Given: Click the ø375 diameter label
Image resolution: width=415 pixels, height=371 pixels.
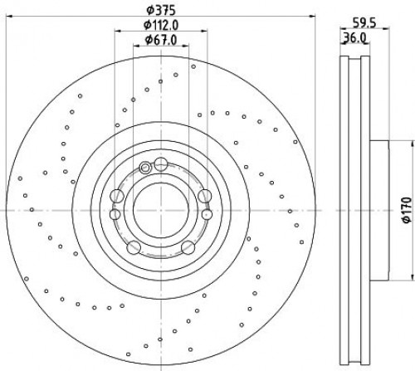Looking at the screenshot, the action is [x=161, y=11].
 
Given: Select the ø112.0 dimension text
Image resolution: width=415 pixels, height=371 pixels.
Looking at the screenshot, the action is [x=161, y=25].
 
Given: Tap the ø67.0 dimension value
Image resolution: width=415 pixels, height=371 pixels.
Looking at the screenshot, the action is [x=161, y=40].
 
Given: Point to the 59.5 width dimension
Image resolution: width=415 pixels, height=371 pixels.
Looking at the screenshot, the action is [x=364, y=23].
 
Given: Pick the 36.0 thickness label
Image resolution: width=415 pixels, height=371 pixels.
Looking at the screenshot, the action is [x=355, y=37].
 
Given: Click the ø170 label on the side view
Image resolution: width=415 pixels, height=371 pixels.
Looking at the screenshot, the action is [x=406, y=209].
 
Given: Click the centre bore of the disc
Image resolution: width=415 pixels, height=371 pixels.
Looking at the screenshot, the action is [x=161, y=210].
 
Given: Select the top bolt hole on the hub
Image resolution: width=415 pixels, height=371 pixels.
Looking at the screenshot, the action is [x=161, y=164].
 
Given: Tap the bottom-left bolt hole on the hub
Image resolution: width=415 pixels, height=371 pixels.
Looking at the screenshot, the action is [x=134, y=247].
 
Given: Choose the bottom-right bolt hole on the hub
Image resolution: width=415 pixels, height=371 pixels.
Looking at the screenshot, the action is [x=188, y=247].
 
